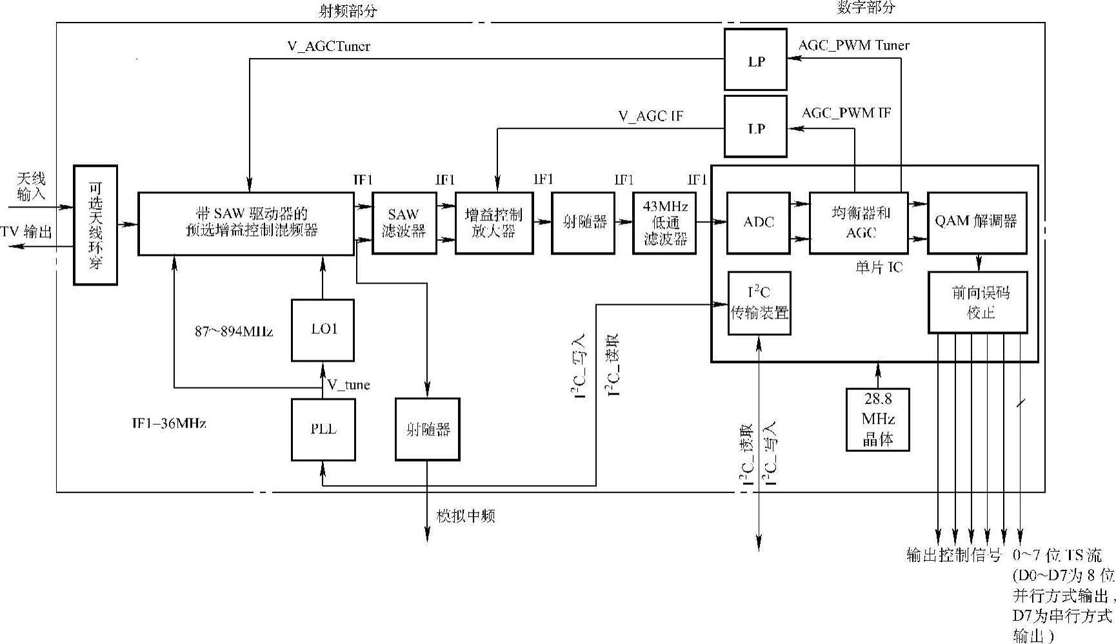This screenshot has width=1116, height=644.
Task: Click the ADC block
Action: [758, 222]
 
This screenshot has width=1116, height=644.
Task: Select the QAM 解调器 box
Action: [977, 222]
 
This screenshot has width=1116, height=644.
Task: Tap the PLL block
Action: [323, 429]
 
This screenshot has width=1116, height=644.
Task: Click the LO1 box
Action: [323, 329]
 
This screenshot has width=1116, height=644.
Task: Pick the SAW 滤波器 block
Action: [404, 222]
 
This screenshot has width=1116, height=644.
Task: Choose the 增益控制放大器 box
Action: [494, 222]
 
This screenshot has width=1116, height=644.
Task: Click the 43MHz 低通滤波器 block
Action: [665, 223]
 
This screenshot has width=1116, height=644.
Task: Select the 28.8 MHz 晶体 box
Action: [878, 419]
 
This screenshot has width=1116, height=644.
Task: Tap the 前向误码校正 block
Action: [977, 302]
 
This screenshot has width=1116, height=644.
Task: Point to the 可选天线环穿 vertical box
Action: [95, 225]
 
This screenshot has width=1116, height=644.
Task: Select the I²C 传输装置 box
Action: [759, 303]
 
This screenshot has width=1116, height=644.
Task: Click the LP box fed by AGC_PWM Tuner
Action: [755, 59]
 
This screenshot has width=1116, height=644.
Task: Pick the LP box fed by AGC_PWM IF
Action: [755, 126]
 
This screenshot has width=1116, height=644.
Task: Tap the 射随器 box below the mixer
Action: [427, 429]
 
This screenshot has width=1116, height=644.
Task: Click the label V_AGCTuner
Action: [328, 46]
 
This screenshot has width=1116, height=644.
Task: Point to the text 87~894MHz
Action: [234, 331]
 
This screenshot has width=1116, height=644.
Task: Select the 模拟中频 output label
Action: [466, 516]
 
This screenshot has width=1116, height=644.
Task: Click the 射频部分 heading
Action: [348, 11]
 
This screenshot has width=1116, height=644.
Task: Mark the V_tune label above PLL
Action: [348, 385]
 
